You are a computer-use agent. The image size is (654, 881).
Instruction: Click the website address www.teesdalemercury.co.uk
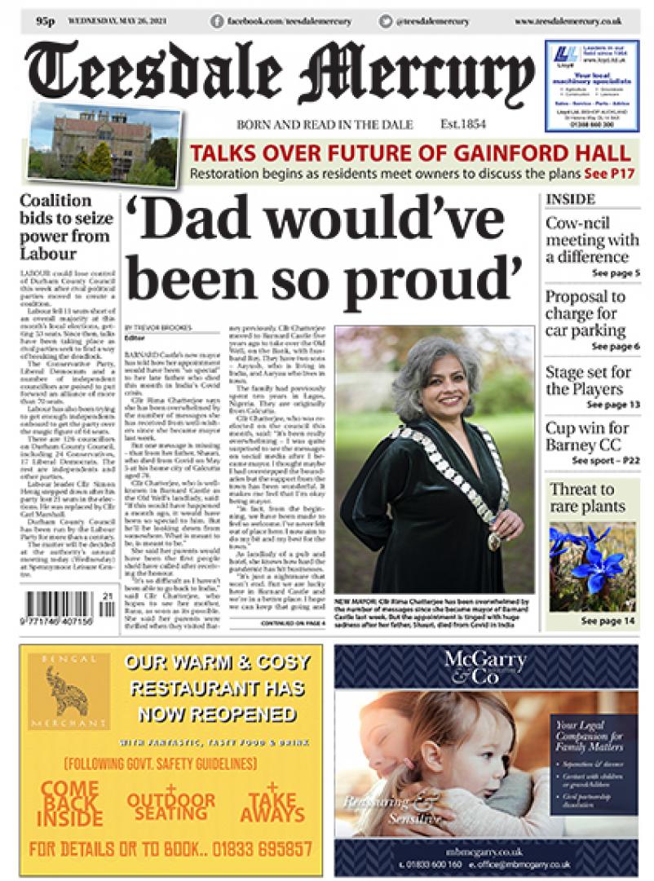(x=568, y=21)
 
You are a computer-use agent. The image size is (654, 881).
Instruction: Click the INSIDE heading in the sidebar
(x=570, y=199)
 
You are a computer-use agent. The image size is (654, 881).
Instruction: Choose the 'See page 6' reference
(x=613, y=347)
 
